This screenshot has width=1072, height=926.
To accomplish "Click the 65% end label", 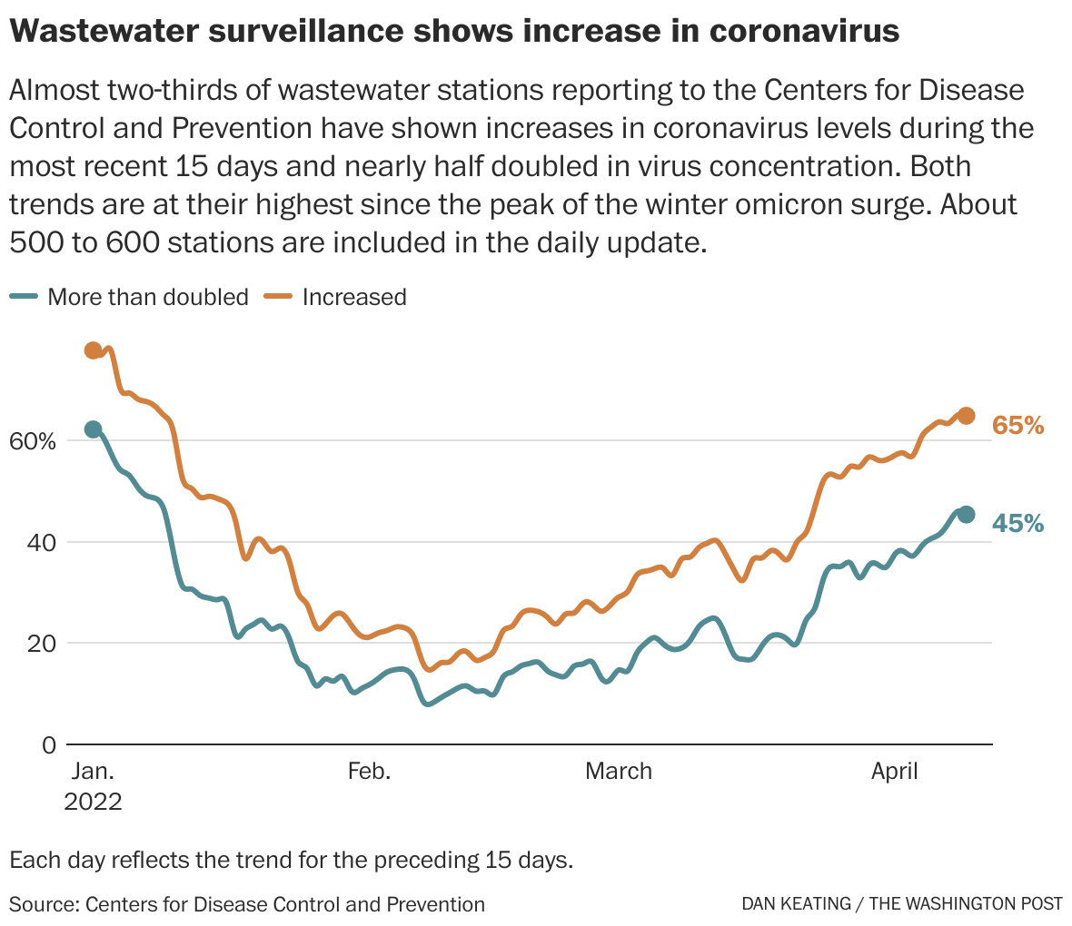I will (1017, 425).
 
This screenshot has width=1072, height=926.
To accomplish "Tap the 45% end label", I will (1017, 523).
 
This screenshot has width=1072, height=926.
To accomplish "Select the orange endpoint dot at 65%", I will (967, 416).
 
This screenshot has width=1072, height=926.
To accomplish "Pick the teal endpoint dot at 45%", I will (967, 515).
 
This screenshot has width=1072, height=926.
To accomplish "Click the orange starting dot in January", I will (93, 350).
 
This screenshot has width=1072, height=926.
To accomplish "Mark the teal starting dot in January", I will (93, 429).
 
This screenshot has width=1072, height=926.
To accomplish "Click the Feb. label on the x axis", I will (369, 772).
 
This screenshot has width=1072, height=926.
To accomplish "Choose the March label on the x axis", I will (619, 772).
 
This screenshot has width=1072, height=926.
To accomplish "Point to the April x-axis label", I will (895, 772).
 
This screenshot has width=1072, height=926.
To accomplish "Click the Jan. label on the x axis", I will (93, 772).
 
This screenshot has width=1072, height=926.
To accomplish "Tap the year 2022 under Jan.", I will (93, 803).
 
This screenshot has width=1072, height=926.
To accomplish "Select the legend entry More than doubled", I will (147, 297).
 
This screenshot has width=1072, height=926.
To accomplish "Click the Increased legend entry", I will (353, 297).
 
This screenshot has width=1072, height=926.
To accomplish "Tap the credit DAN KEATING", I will (796, 904).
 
